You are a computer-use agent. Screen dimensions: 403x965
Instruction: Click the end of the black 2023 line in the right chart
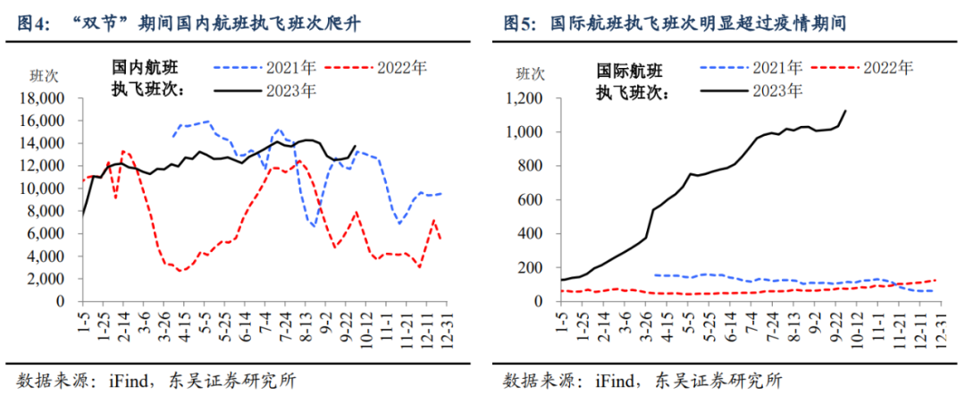pos(845,111)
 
